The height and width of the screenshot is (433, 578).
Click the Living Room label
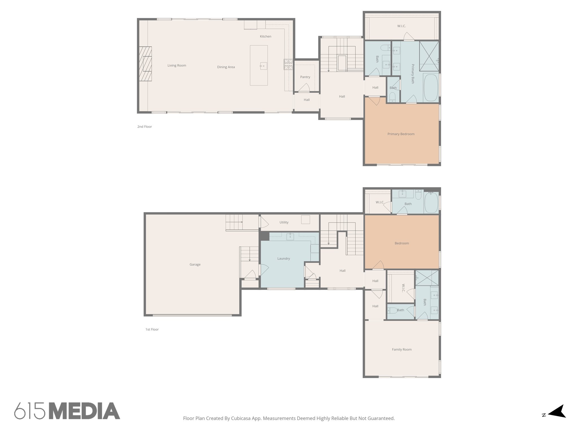[177, 65]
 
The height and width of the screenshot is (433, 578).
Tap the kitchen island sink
[263, 66]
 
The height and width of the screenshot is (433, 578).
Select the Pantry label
[305, 77]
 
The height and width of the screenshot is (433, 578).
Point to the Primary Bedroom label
[401, 134]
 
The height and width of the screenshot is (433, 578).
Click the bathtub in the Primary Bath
[431, 87]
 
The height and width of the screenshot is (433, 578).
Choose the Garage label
[195, 264]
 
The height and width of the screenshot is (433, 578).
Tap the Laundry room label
[283, 259]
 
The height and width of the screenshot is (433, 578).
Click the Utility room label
[284, 222]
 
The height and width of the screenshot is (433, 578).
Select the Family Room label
[402, 350]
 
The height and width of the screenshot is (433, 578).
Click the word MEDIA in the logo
[84, 411]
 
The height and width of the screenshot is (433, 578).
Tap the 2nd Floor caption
[144, 127]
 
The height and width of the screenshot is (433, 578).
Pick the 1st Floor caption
[152, 329]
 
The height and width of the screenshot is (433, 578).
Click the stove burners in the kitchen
[288, 64]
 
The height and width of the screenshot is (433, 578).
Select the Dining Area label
[226, 67]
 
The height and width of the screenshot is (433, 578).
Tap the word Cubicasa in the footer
[242, 418]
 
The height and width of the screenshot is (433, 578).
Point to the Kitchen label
[265, 36]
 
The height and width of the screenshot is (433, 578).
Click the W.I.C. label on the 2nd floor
[401, 26]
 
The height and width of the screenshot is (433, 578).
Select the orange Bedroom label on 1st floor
[402, 243]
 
